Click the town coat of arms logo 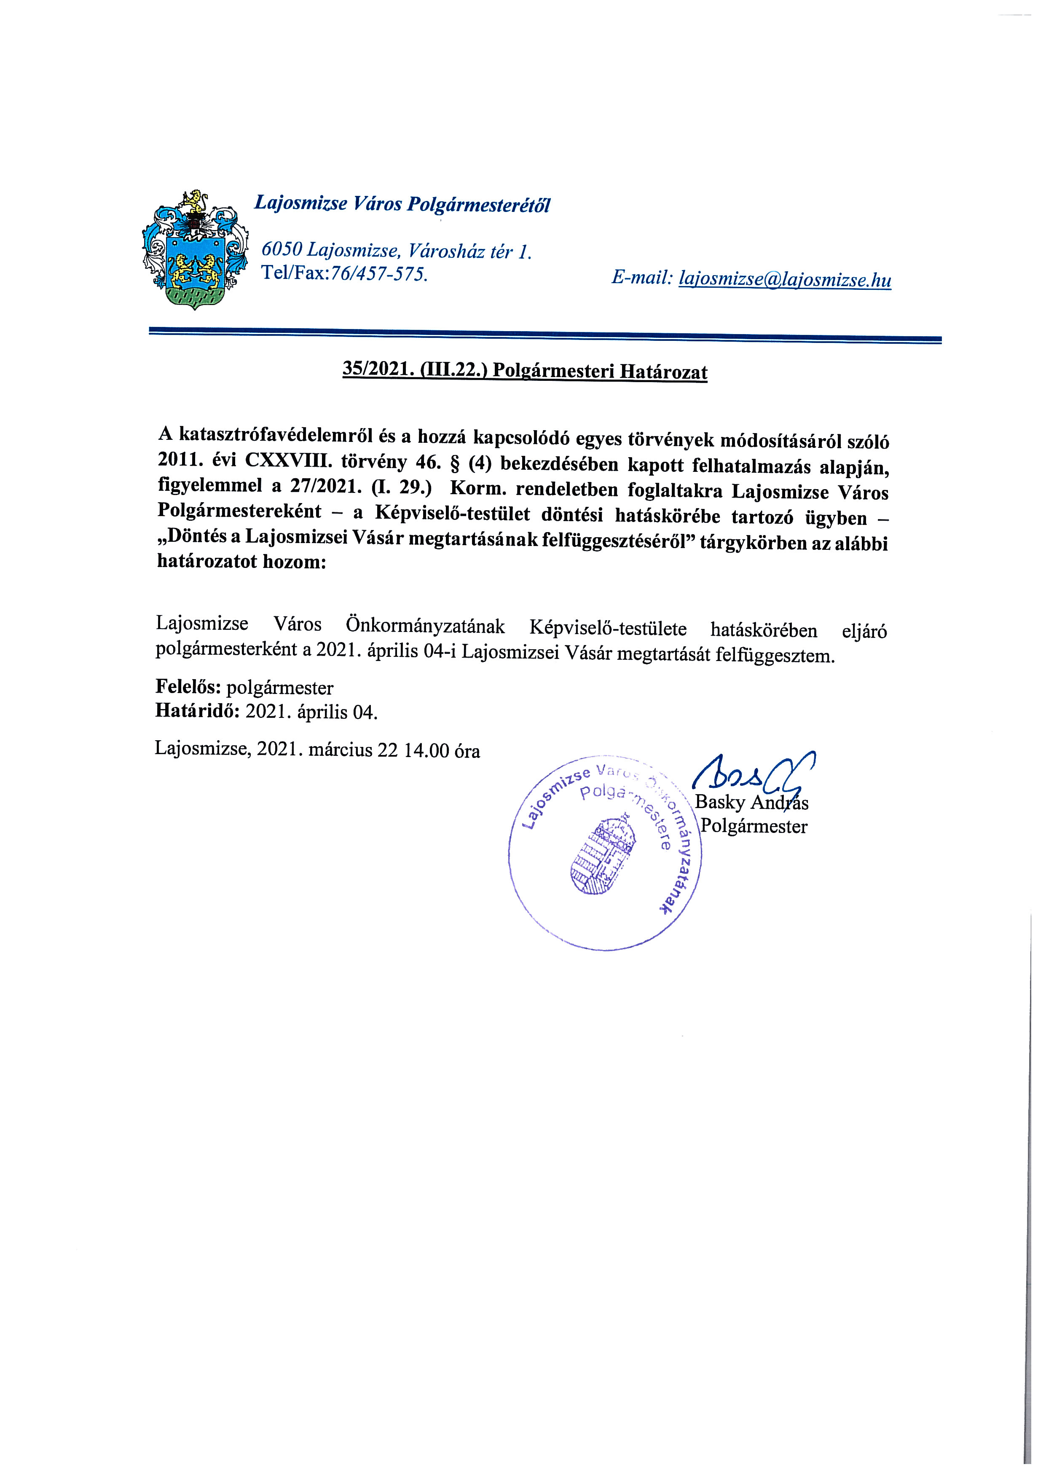coord(194,250)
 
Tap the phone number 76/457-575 coord(378,274)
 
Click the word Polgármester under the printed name coord(754,826)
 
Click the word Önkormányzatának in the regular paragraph coord(426,626)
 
